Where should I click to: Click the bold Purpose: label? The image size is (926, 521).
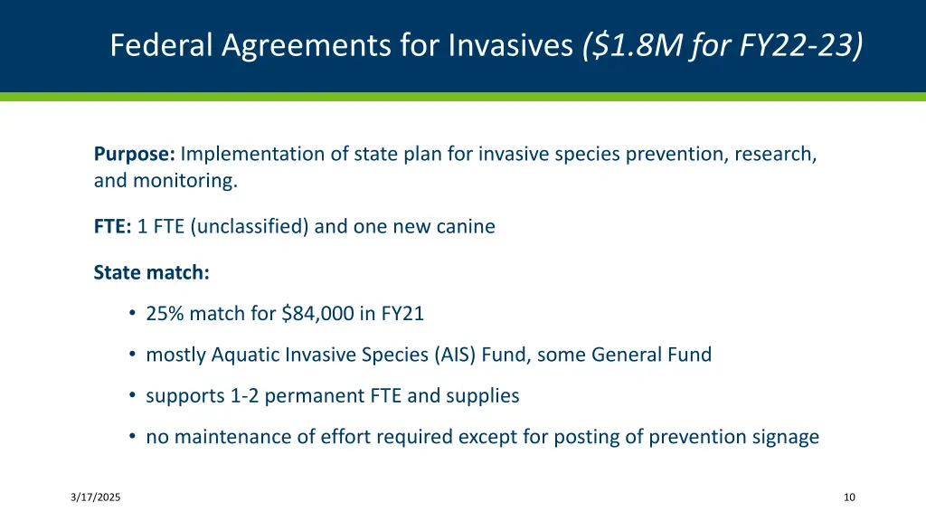coord(134,154)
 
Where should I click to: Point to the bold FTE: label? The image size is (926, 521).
coord(112,226)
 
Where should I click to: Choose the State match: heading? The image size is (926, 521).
coord(151,271)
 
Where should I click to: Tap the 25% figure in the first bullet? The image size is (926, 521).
coord(164,314)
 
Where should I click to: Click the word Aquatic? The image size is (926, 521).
coord(244,355)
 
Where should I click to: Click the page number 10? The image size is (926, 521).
coord(848,497)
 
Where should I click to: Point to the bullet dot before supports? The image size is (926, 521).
coord(132,396)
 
